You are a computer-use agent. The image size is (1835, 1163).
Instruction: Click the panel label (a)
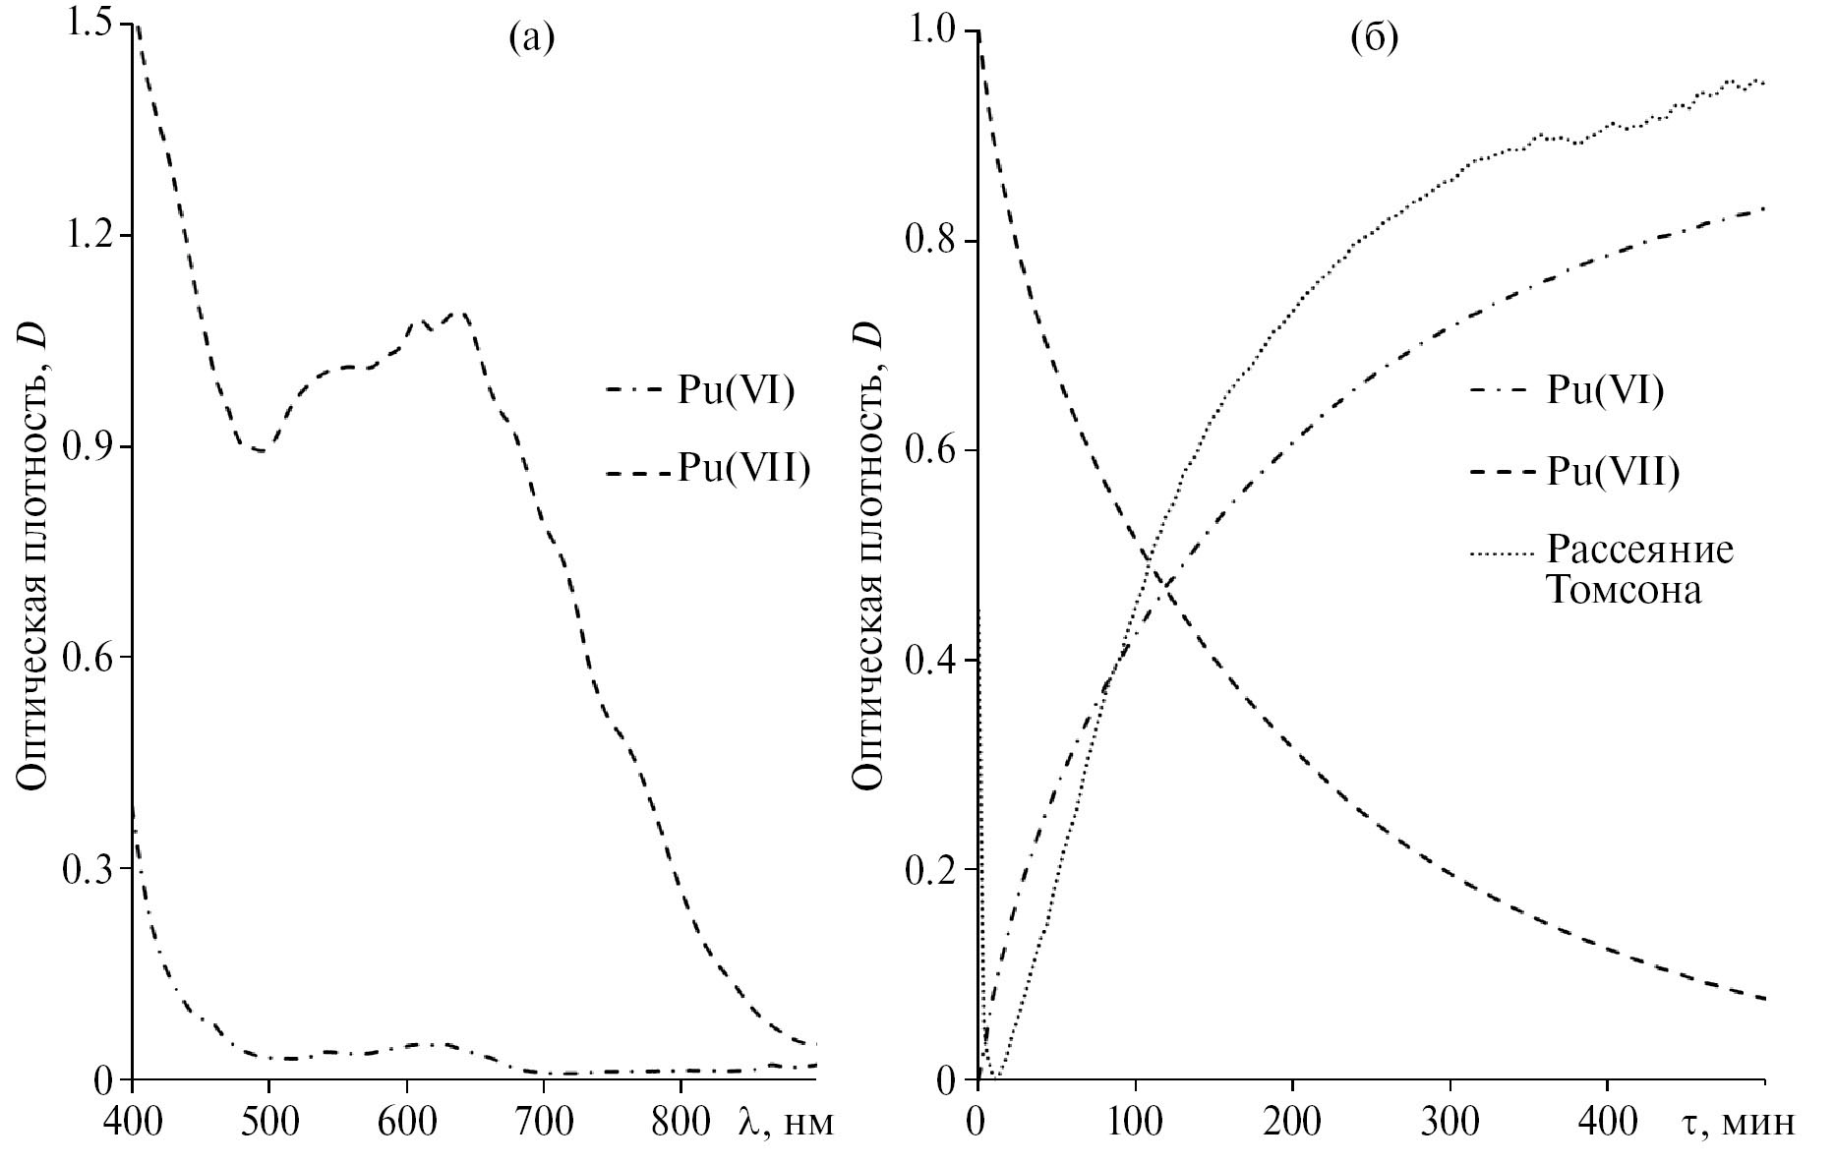pyautogui.click(x=532, y=38)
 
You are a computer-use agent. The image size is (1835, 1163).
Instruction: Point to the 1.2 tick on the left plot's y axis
pyautogui.click(x=88, y=236)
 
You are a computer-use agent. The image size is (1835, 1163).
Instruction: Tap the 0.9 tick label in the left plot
pyautogui.click(x=88, y=447)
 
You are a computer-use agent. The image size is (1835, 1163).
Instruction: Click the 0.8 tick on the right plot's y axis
pyautogui.click(x=932, y=241)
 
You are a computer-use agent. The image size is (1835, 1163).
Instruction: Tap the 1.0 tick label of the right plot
pyautogui.click(x=932, y=31)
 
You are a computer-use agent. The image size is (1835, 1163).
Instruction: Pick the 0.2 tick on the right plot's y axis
pyautogui.click(x=932, y=870)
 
